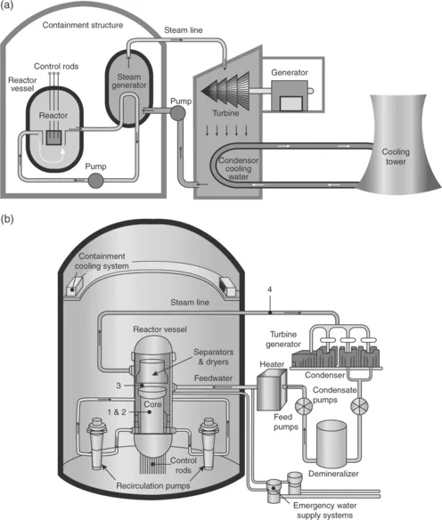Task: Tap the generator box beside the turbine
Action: click(x=291, y=96)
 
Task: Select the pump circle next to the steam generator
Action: click(x=178, y=113)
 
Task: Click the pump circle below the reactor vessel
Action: click(x=95, y=181)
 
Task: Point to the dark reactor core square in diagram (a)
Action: click(x=53, y=138)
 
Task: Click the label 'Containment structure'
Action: click(x=83, y=25)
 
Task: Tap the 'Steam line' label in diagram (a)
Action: click(x=184, y=30)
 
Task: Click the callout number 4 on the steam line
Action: click(x=269, y=289)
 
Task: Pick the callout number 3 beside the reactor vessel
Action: click(x=119, y=386)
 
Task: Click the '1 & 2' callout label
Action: click(x=117, y=412)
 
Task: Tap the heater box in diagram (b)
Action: click(x=272, y=389)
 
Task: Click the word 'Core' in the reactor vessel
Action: click(x=152, y=404)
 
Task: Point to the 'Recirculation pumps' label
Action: click(x=153, y=486)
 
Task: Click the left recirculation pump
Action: click(x=96, y=443)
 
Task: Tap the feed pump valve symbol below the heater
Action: click(x=303, y=406)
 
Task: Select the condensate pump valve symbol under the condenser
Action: click(x=360, y=406)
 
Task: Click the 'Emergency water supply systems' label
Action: click(x=325, y=510)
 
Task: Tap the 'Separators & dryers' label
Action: click(x=213, y=357)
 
